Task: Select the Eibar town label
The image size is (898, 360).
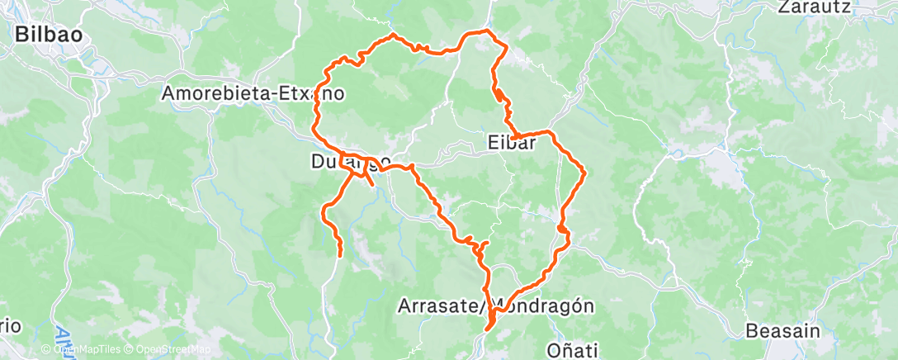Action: click(x=511, y=143)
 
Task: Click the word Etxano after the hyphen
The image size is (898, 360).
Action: click(x=319, y=93)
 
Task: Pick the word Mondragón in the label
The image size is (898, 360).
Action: click(x=546, y=306)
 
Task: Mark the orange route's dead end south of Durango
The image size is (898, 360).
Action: click(x=339, y=256)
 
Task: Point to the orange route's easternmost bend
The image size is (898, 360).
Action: click(x=584, y=172)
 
